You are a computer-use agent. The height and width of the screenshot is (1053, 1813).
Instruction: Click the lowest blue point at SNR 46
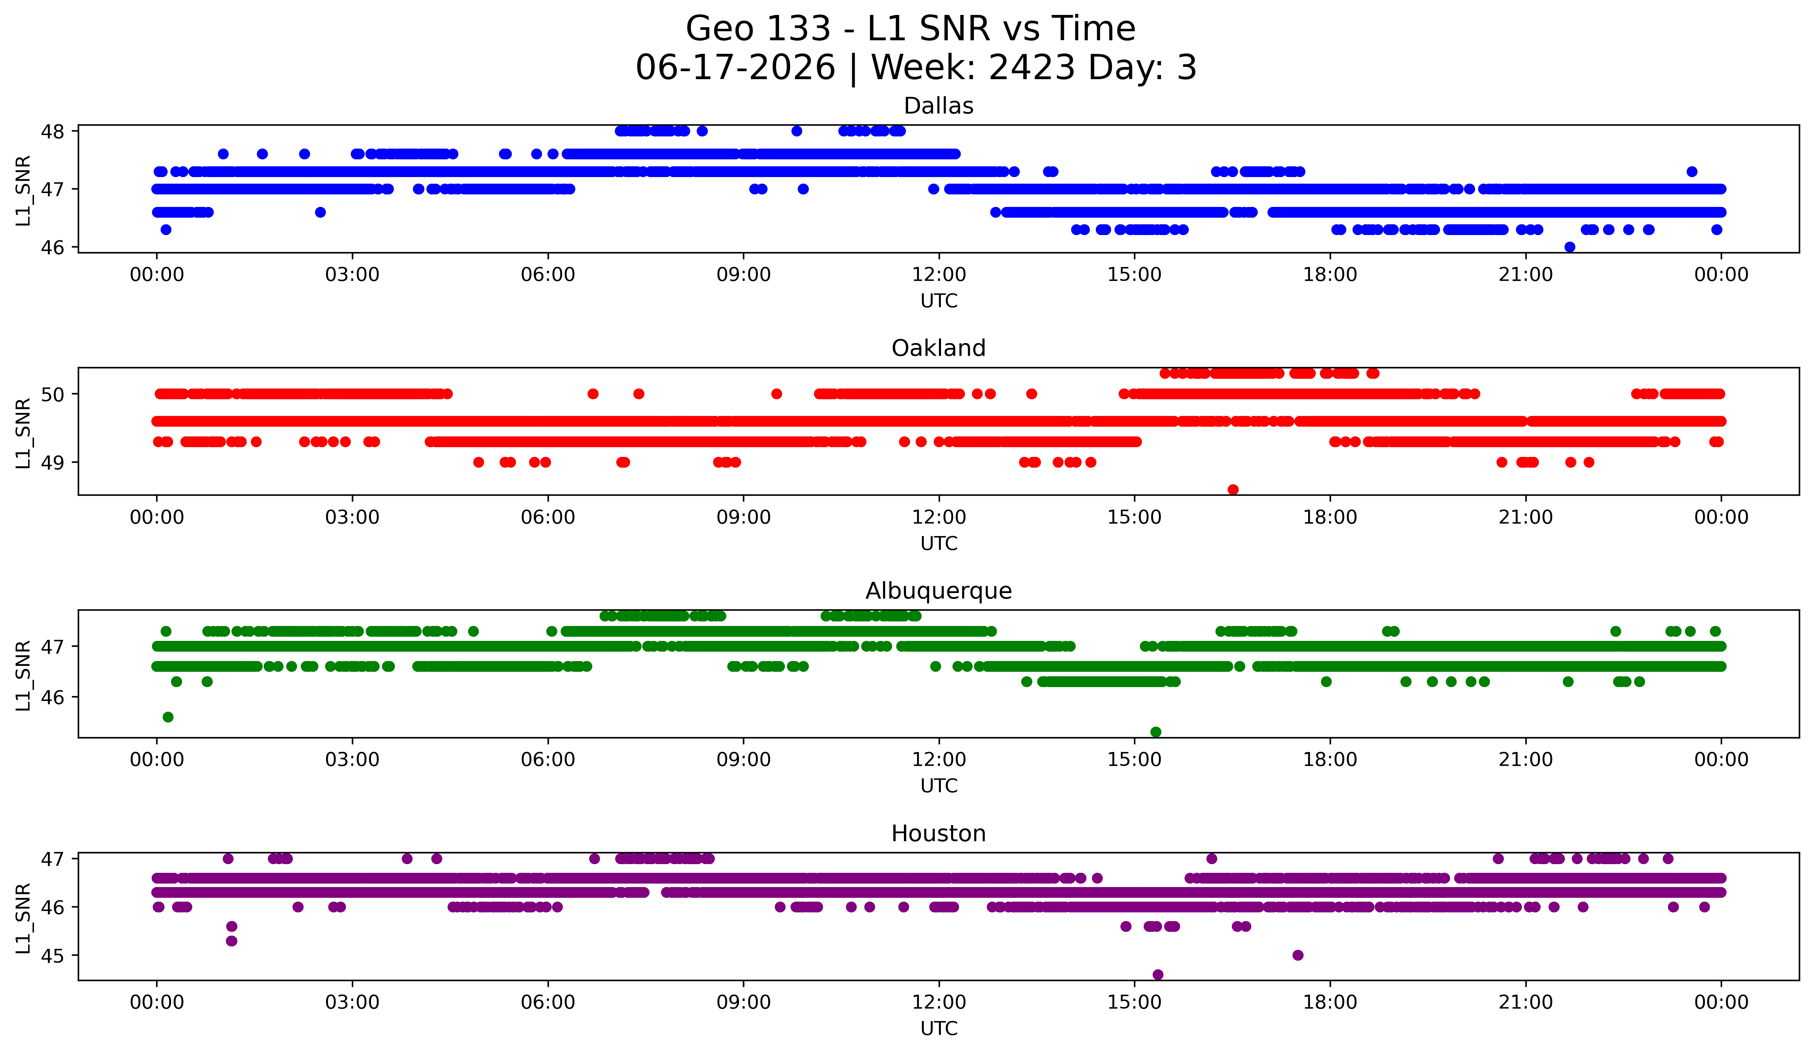(1570, 247)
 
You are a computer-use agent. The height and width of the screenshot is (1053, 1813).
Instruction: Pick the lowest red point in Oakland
(1233, 490)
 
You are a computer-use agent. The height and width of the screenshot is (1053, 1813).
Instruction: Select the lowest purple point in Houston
(1158, 975)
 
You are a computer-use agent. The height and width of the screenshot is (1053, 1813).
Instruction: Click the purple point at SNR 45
(1298, 955)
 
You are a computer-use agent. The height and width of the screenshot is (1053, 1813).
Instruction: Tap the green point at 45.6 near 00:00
(168, 717)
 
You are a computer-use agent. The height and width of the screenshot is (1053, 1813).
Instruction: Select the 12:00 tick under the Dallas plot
(939, 275)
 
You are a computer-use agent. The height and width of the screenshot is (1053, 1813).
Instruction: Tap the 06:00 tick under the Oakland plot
(548, 518)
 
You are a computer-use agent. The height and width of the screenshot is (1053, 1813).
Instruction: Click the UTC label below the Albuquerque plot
(939, 786)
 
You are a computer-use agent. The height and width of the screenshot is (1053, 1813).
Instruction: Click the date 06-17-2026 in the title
(735, 68)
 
